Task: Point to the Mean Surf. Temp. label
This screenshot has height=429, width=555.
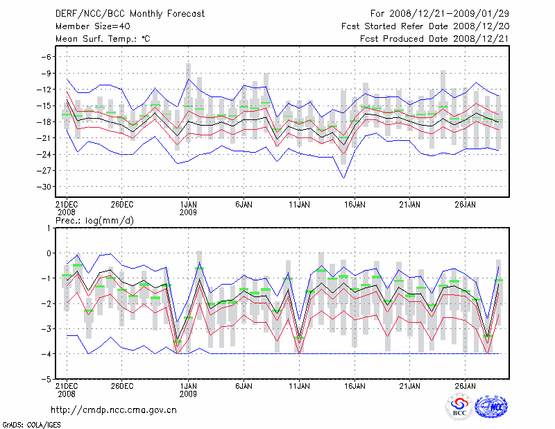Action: pos(102,39)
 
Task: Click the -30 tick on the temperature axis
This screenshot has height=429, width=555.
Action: pos(44,187)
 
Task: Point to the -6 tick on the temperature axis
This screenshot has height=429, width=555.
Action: pos(47,57)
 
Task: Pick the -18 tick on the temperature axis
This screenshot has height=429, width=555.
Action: pos(44,122)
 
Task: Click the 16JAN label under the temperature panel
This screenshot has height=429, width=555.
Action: pos(355,205)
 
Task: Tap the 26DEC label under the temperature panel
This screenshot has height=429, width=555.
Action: pos(121,205)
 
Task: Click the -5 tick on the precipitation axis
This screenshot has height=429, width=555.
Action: pos(47,380)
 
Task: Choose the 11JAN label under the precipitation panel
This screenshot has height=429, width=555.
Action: pos(299,385)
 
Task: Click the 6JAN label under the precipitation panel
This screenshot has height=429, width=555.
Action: pos(244,385)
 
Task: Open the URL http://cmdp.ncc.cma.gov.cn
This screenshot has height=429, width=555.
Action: pos(114,410)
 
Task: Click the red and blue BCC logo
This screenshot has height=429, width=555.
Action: pos(459,407)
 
